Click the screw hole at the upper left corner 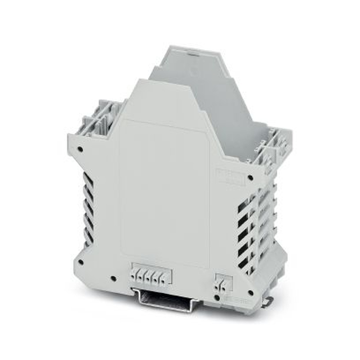80,148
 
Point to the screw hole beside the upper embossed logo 250,177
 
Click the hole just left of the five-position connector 113,278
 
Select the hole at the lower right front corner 250,292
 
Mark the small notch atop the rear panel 194,53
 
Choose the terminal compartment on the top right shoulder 274,148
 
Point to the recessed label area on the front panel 164,191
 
